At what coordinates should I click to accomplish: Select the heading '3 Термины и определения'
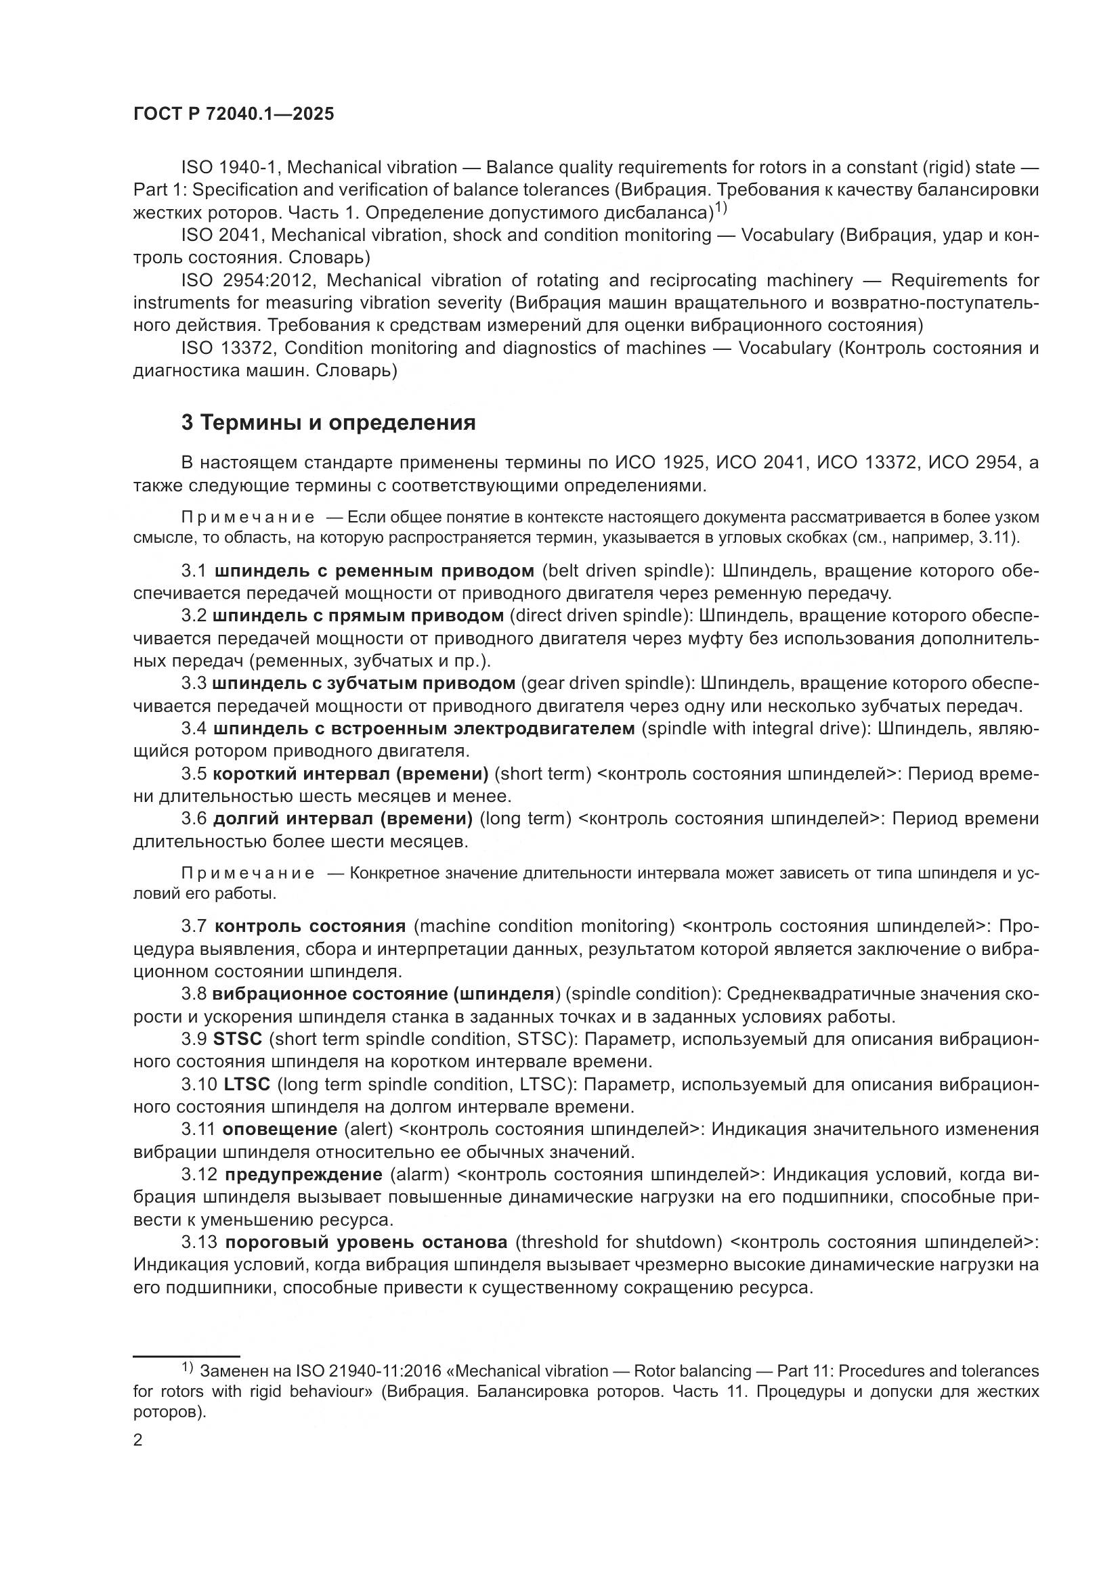click(328, 422)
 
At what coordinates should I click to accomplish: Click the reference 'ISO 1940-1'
click(222, 168)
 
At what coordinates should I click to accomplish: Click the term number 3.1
click(194, 571)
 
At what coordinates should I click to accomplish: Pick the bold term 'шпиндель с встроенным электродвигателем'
click(423, 729)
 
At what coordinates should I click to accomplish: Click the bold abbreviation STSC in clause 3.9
click(238, 1039)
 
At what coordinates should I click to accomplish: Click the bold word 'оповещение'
click(279, 1130)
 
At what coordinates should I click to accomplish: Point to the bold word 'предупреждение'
click(303, 1174)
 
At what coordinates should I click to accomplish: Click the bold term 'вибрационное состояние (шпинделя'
click(383, 994)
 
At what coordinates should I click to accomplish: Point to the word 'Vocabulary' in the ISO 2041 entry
click(787, 235)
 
